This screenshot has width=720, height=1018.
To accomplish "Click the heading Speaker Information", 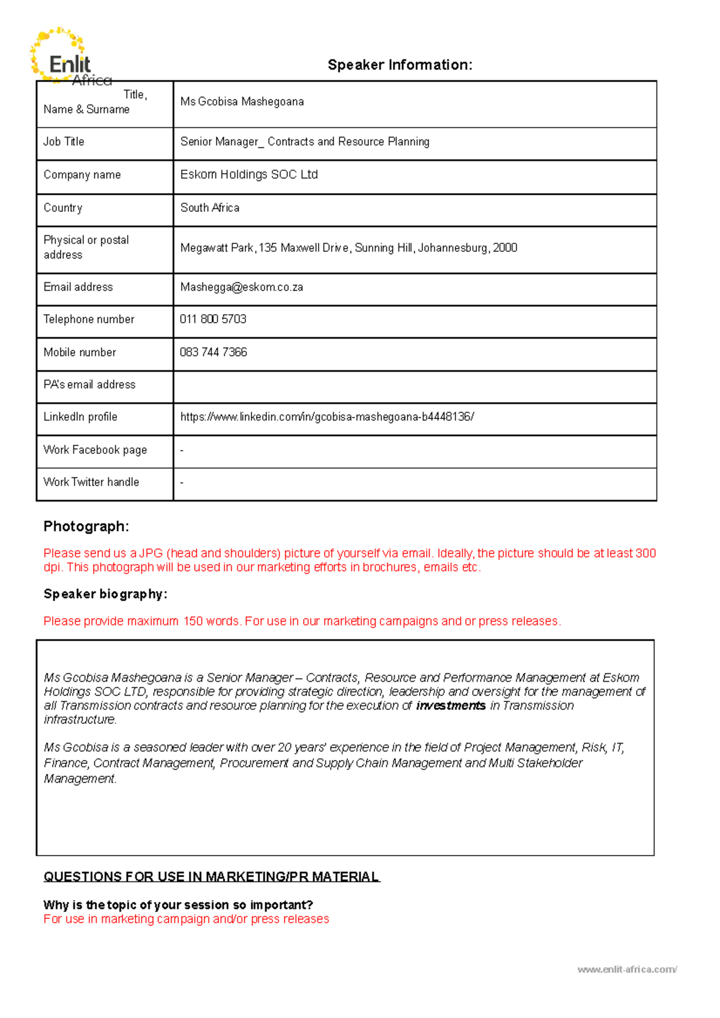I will click(x=400, y=65).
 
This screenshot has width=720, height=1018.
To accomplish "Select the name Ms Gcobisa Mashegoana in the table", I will click(x=242, y=102).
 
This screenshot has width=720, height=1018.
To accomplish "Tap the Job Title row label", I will click(x=64, y=142).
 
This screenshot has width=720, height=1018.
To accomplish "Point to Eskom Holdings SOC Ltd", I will click(x=249, y=174).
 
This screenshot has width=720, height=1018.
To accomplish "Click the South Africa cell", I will click(x=210, y=208).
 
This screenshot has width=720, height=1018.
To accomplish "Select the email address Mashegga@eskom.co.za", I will click(x=241, y=287).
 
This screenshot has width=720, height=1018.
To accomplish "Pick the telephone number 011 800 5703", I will click(x=213, y=320).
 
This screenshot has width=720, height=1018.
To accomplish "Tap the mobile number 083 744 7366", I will click(x=213, y=353).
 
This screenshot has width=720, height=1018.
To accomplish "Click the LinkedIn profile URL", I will click(x=327, y=417).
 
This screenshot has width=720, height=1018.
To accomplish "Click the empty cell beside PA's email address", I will click(x=414, y=386).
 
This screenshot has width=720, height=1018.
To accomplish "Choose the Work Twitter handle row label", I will click(x=91, y=483).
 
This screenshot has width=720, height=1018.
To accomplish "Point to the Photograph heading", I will click(x=86, y=526).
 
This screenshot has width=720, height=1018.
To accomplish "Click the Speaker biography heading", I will click(x=105, y=594).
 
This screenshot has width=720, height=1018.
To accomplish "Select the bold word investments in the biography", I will click(x=451, y=706).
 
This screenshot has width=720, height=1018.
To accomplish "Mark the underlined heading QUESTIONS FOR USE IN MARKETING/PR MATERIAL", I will click(x=211, y=877).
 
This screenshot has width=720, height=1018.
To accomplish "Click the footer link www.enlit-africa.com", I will click(x=627, y=969).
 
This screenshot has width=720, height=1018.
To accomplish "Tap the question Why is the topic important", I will click(x=178, y=905).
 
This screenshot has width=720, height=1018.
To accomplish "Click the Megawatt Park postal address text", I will click(x=349, y=248).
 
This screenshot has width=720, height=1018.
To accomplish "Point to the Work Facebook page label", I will click(x=95, y=450).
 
